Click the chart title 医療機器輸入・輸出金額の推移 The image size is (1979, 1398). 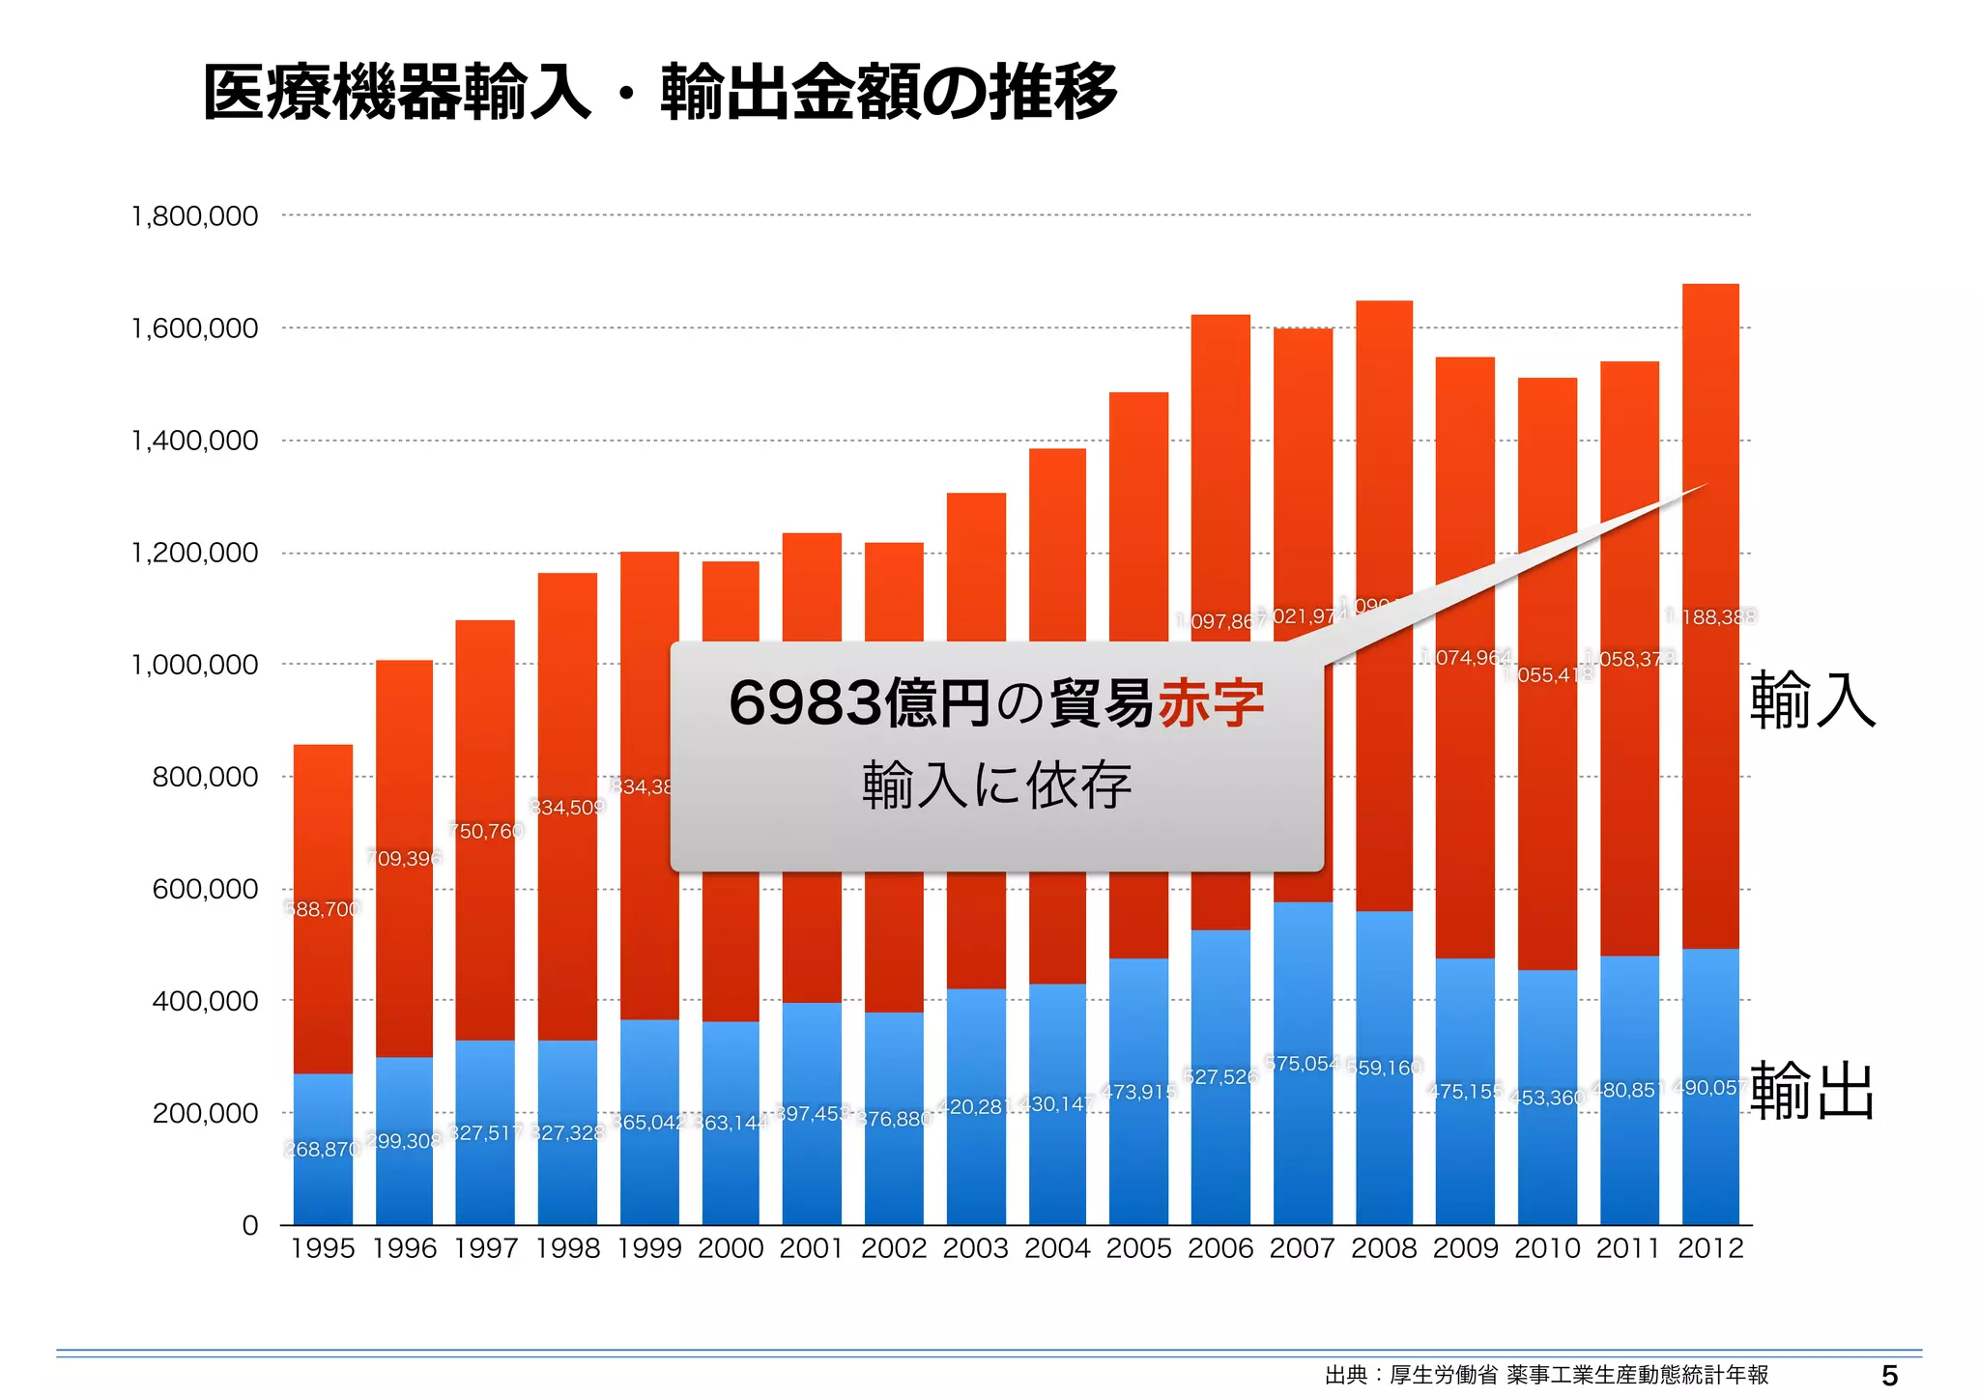click(x=660, y=94)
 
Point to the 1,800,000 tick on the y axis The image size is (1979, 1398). click(x=194, y=216)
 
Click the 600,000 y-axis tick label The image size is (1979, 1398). click(x=205, y=889)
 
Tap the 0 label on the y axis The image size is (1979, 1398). click(x=250, y=1225)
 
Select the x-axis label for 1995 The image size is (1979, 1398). click(x=323, y=1248)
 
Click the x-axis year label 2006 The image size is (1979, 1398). click(x=1220, y=1248)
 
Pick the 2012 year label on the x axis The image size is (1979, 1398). click(x=1710, y=1248)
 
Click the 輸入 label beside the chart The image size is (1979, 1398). click(x=1812, y=699)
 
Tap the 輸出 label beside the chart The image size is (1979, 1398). click(x=1812, y=1091)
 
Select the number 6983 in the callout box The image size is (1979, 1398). click(x=805, y=703)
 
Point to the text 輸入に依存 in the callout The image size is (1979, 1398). click(x=996, y=785)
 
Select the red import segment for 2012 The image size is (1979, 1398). click(x=1710, y=773)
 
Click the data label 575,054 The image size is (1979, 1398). click(x=1302, y=1064)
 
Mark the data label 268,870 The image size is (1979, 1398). click(x=322, y=1149)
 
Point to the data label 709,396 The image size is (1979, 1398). click(x=404, y=858)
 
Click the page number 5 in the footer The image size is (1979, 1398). click(x=1889, y=1376)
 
